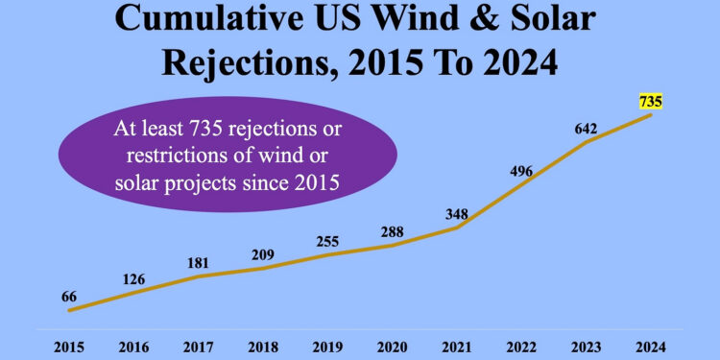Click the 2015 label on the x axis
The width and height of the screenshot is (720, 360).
[x=69, y=344]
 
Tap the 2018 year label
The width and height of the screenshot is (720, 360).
[x=262, y=344]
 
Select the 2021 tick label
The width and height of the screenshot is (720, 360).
[x=456, y=344]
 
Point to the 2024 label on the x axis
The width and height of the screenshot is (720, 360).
[x=650, y=344]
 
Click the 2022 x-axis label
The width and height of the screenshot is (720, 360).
[x=520, y=344]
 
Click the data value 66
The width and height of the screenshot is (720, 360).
[x=69, y=298]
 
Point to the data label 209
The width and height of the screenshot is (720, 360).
[x=262, y=254]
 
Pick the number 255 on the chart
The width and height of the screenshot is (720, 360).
[x=327, y=241]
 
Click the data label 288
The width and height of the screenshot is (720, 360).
[x=392, y=231]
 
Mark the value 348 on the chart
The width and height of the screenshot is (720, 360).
[x=456, y=213]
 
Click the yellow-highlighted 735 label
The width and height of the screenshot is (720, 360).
[x=650, y=100]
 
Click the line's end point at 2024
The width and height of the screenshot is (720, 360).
[x=651, y=115]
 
